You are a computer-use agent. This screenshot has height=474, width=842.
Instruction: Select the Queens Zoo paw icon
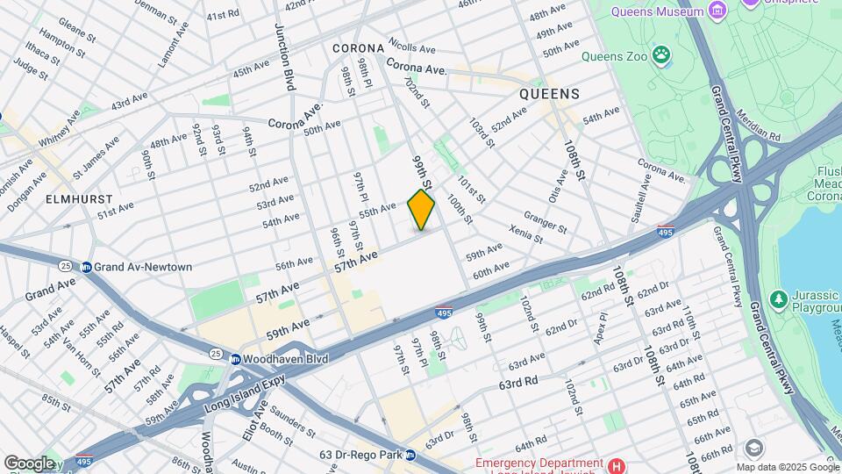[x=661, y=57]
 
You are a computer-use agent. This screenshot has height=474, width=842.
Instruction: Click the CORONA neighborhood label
[x=358, y=48]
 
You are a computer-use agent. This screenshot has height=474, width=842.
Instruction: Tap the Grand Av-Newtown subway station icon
[x=87, y=267]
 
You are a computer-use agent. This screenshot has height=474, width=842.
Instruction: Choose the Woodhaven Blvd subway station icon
[x=235, y=359]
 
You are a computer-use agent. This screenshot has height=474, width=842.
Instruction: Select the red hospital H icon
[x=617, y=464]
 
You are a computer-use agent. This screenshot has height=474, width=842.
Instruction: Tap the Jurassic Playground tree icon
[x=777, y=299]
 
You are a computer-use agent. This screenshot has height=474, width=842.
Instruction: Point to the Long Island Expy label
[x=246, y=389]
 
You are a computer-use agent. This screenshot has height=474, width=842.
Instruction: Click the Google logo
[x=29, y=463]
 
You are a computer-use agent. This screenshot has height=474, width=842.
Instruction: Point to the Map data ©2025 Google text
[x=787, y=467]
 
